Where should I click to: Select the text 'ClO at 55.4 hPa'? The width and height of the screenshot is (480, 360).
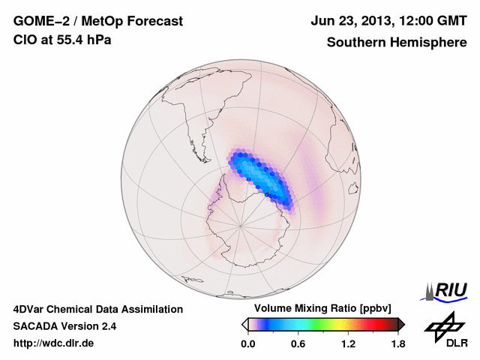tap(62, 40)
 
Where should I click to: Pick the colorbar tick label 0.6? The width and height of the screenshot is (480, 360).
tap(298, 344)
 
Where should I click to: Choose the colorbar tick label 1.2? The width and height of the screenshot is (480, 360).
tap(348, 344)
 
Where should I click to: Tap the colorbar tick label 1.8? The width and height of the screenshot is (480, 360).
tap(398, 344)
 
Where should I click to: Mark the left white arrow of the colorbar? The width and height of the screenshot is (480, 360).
tap(244, 324)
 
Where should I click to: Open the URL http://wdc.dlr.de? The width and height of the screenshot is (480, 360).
tap(54, 344)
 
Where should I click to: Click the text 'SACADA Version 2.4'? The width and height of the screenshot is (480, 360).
tap(64, 326)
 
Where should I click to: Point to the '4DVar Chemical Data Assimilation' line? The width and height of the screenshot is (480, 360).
tap(97, 309)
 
